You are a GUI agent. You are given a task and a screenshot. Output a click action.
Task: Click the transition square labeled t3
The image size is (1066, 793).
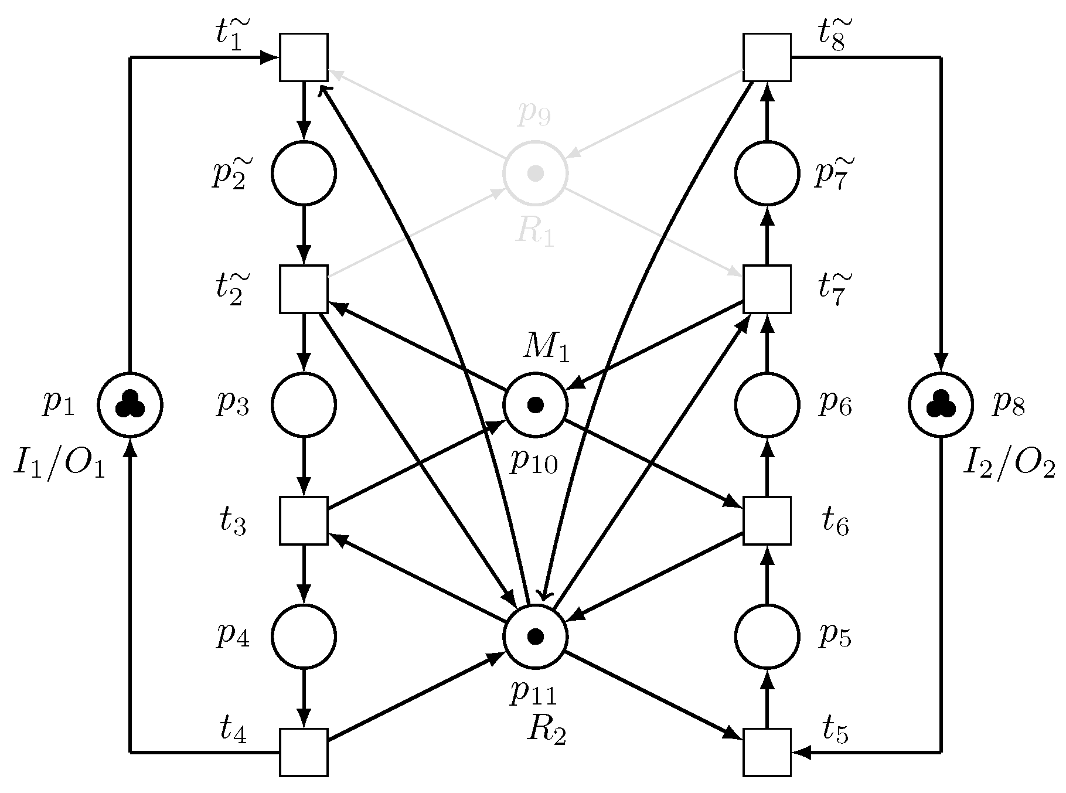pos(304,520)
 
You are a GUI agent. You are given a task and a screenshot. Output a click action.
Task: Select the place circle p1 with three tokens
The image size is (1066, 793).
pos(130,405)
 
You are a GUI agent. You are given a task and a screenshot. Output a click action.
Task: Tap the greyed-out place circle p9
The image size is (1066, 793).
pos(535,173)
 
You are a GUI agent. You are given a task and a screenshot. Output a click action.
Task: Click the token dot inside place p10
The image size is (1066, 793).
pos(535,405)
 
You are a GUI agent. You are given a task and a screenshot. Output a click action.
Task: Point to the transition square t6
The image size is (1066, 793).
pos(767,520)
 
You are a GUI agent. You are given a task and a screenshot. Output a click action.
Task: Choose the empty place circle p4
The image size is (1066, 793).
pos(304,636)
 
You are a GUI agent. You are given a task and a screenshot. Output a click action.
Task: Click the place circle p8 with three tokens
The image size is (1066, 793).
pos(941,405)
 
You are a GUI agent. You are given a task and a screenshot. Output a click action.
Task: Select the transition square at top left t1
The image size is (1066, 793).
pos(304,57)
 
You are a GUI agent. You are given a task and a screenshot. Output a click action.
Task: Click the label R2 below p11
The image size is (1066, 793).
pos(546,730)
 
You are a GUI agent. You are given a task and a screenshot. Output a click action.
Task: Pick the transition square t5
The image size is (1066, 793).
pos(767,752)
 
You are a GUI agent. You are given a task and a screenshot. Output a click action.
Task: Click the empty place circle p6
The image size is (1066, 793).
pos(767,405)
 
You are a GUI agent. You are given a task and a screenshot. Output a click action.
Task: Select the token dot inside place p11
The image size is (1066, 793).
pos(535,636)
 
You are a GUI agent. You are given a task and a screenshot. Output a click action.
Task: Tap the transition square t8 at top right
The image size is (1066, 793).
pos(767,57)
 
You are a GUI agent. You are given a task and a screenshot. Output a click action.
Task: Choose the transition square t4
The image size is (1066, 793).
pos(304,752)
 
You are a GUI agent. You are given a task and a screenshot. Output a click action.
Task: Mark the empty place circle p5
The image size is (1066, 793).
pos(767,636)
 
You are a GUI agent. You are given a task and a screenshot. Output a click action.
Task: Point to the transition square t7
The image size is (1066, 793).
pos(767,289)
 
